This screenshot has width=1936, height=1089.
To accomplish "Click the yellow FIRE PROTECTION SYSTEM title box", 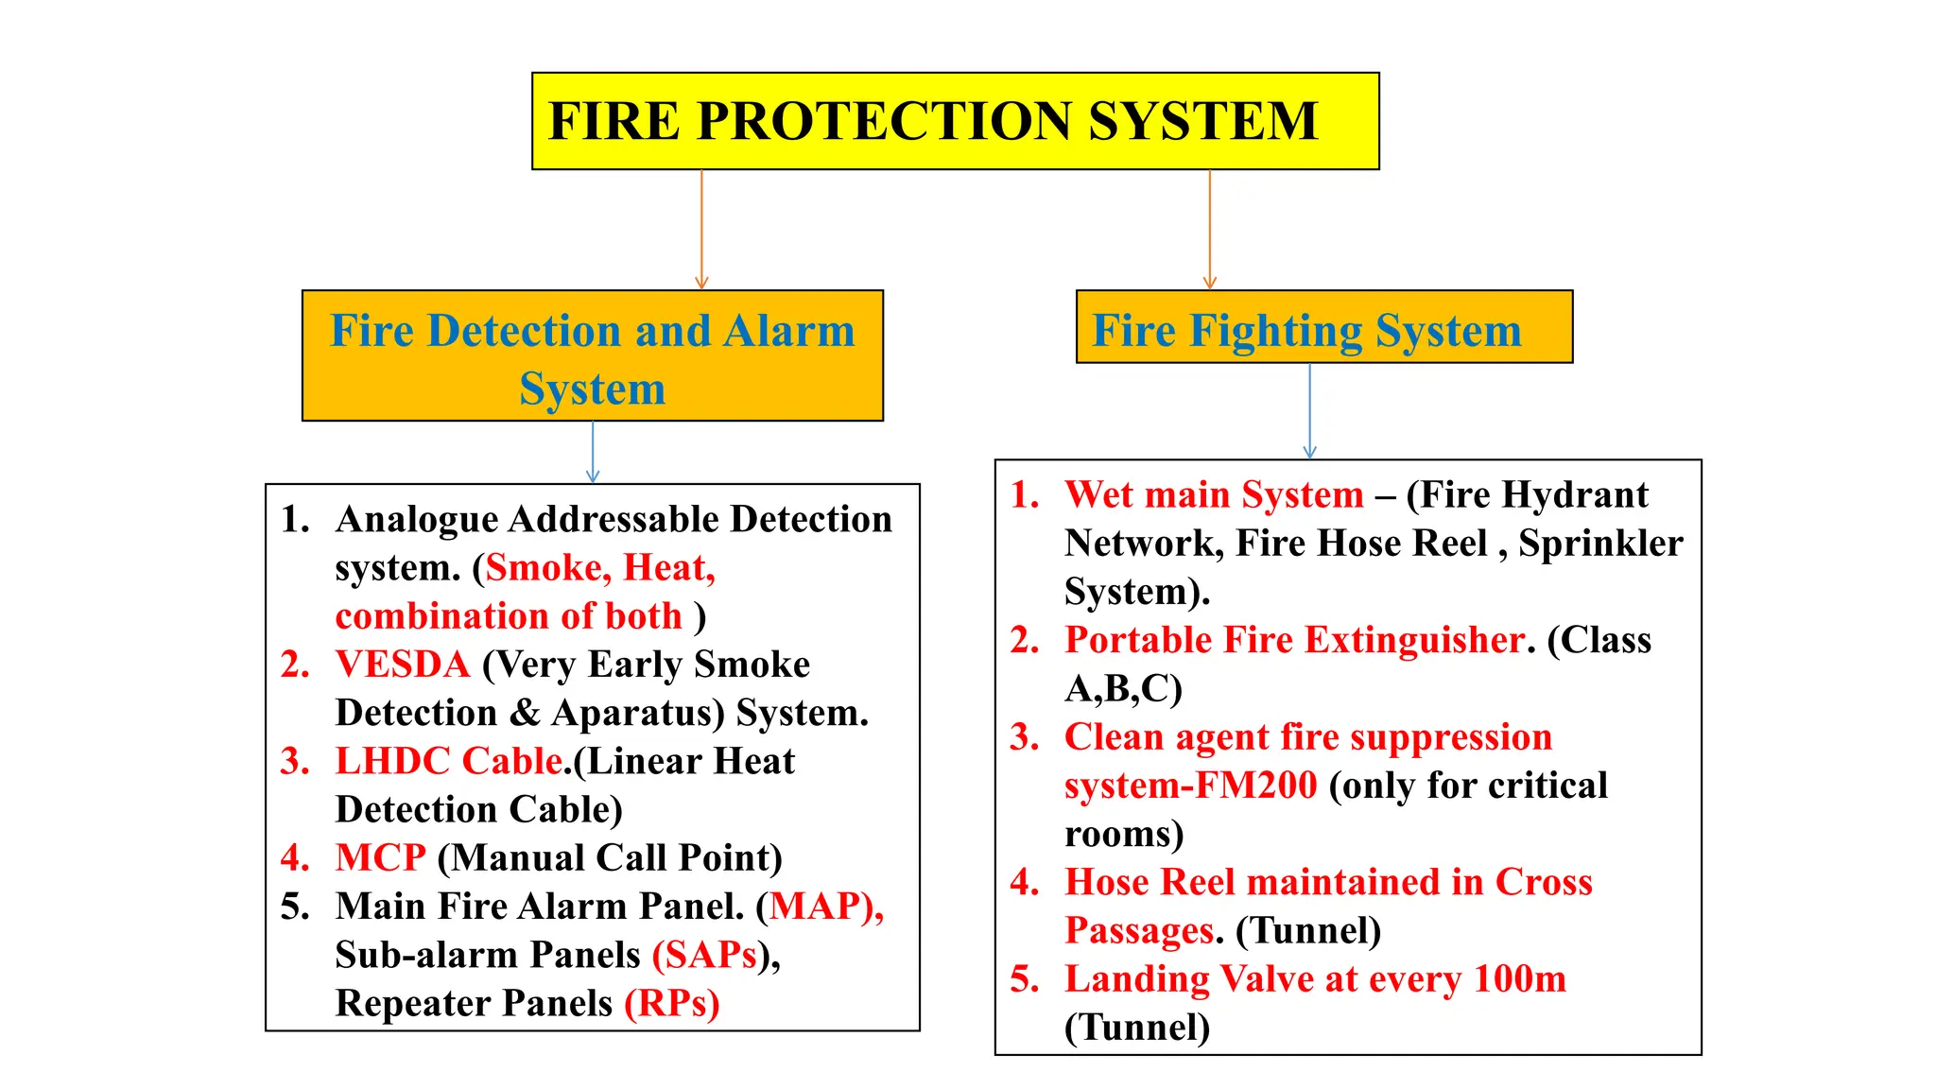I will (955, 121).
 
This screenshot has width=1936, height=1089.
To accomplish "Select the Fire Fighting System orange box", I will (1323, 327).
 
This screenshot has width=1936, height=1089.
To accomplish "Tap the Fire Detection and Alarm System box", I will (592, 356).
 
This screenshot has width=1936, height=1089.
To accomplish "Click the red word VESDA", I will (403, 665).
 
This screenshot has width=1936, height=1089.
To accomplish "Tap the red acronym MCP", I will (381, 858).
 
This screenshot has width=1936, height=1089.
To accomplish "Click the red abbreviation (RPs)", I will (672, 1003).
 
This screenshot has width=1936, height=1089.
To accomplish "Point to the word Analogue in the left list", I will (416, 520).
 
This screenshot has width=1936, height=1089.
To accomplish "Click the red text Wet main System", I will (1214, 495).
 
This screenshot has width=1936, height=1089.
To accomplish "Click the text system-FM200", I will (1190, 786).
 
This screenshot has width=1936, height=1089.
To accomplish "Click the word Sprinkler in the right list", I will (1600, 544).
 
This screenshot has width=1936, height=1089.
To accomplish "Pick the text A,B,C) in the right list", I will (1123, 689).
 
